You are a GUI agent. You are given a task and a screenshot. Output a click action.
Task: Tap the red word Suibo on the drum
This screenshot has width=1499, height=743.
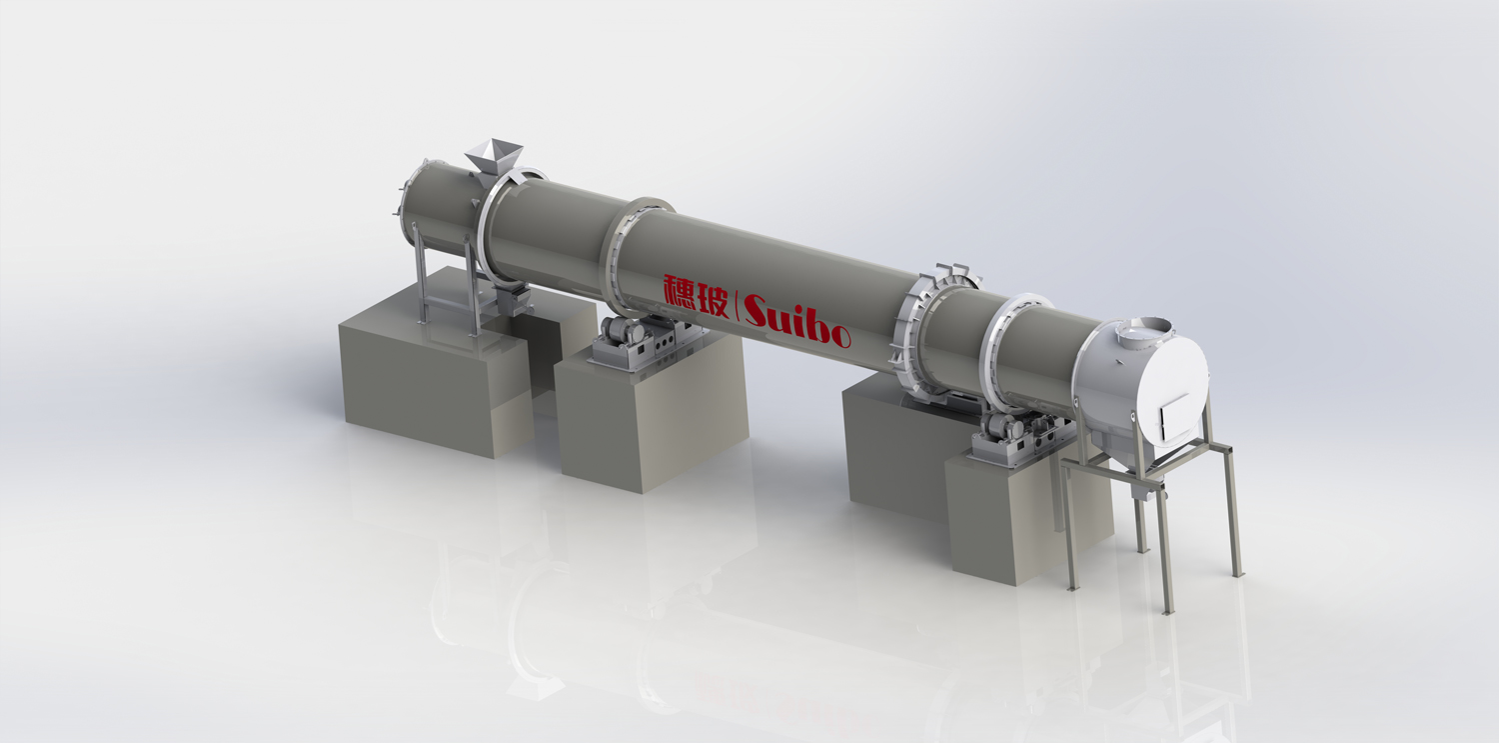point(796,321)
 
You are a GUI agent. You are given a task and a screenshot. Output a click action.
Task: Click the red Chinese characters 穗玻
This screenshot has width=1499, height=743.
point(695,295)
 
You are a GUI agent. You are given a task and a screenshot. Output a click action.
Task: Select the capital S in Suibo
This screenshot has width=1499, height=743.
point(760,310)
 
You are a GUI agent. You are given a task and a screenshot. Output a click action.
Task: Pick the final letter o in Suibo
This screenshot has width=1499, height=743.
point(839,337)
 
